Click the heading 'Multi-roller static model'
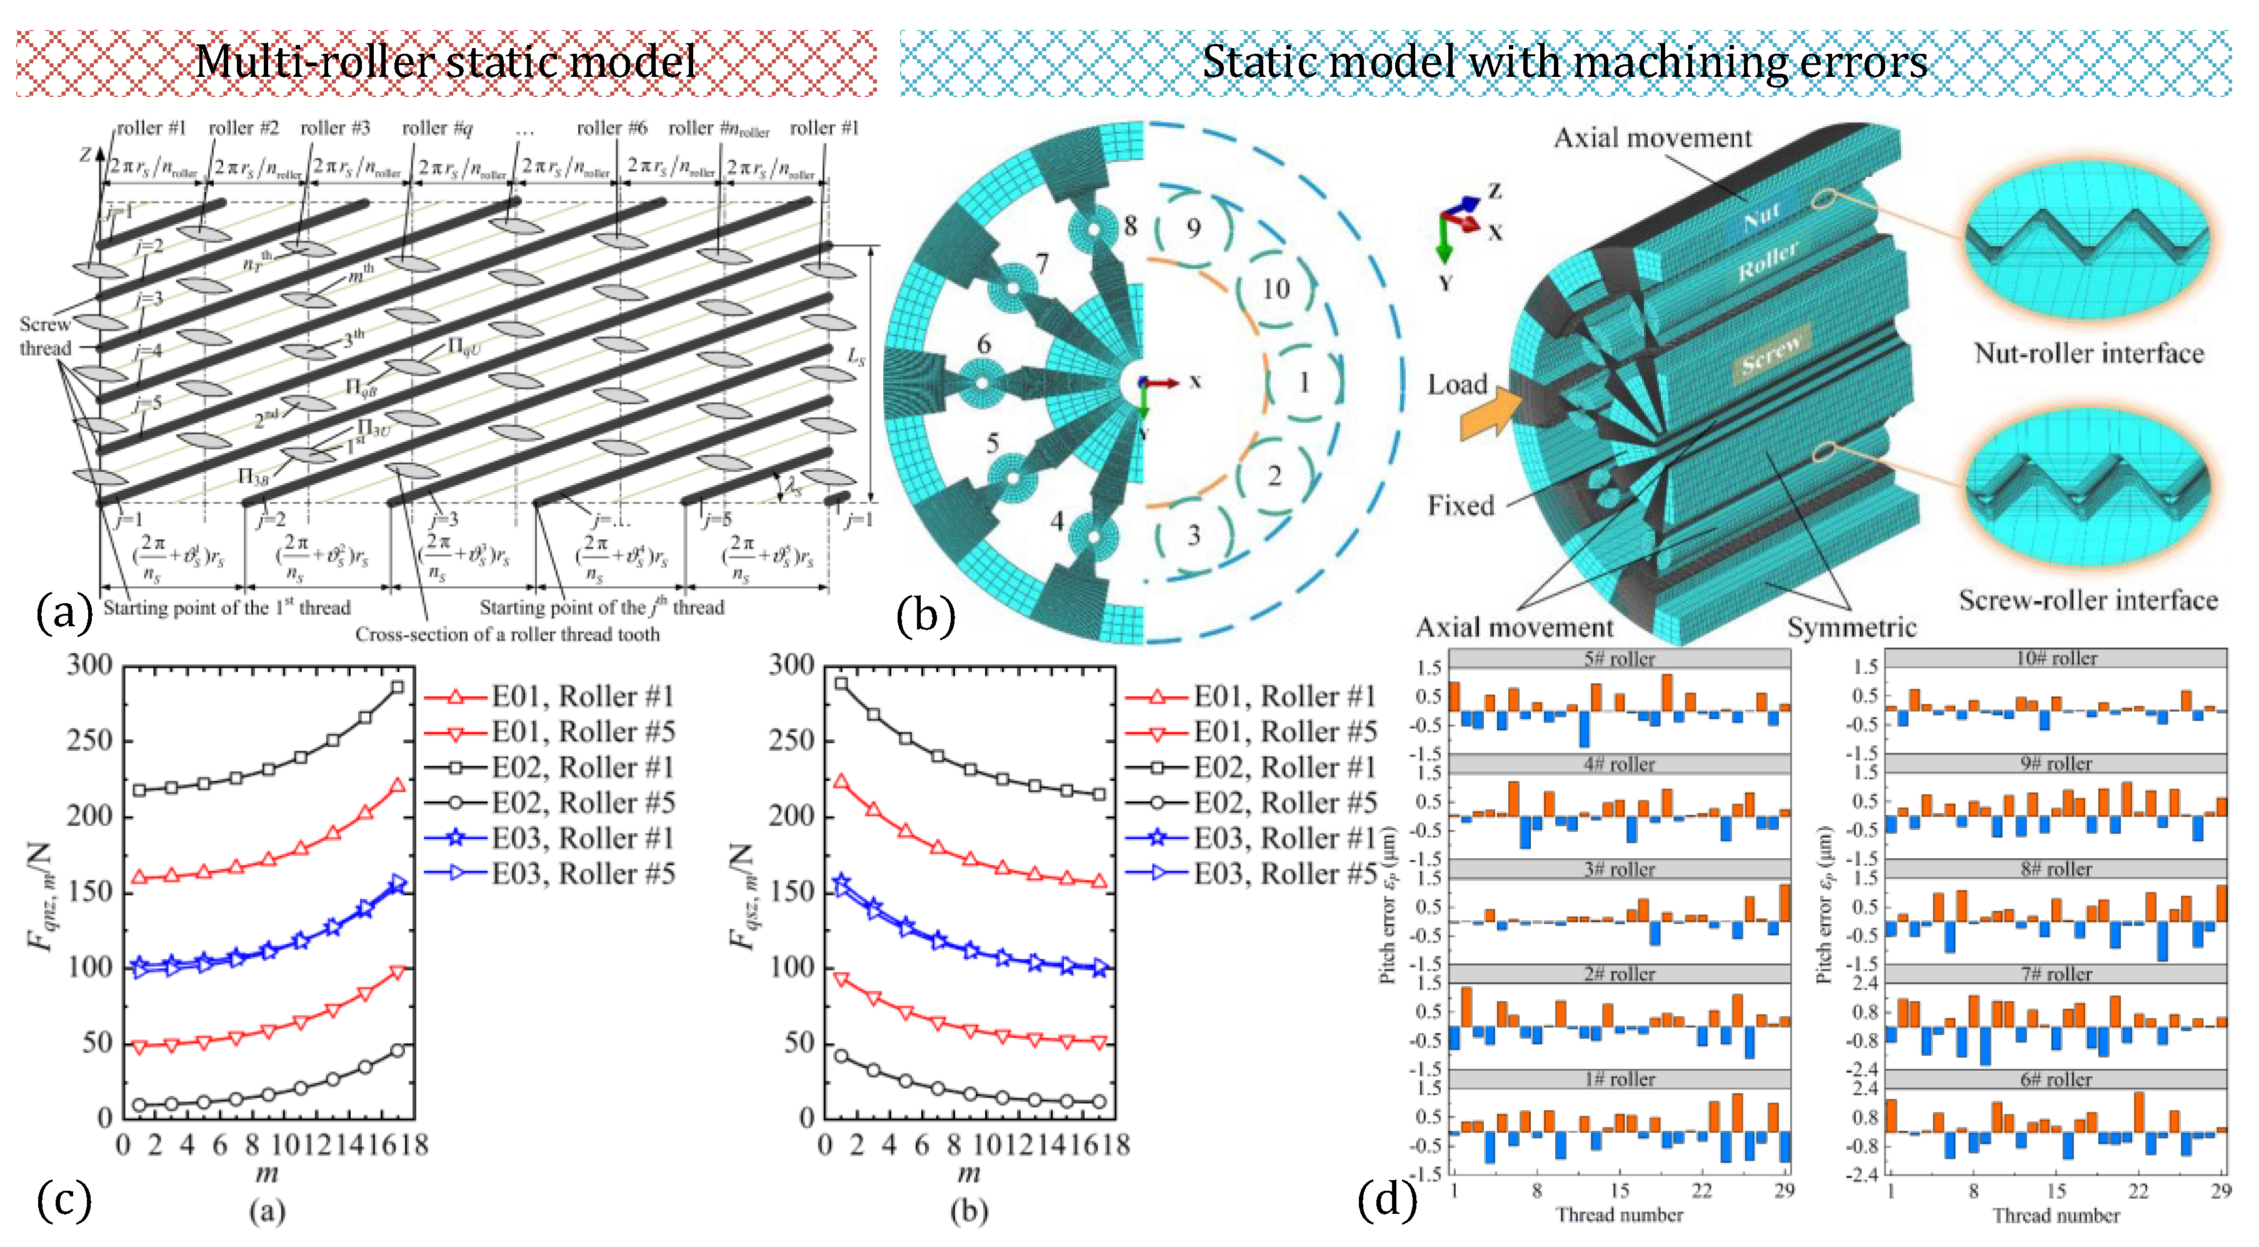tap(446, 61)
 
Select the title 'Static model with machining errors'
tap(1565, 61)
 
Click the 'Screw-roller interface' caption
tap(2088, 600)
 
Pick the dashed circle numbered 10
tap(1276, 289)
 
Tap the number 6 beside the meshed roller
tap(984, 344)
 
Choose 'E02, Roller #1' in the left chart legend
tap(583, 768)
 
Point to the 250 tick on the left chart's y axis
tap(91, 740)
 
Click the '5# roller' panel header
tap(1619, 659)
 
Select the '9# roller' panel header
tap(2056, 764)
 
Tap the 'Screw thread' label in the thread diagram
tap(45, 336)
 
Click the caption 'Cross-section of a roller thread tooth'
tap(507, 634)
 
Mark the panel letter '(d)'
tap(1386, 1199)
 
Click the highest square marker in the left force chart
tap(398, 688)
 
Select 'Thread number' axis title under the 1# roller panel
tap(1619, 1214)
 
